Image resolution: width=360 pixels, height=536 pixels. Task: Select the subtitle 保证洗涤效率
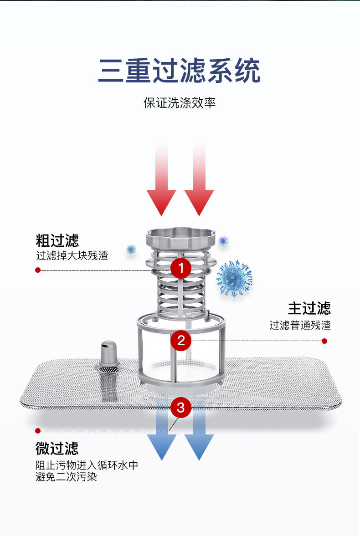(x=180, y=102)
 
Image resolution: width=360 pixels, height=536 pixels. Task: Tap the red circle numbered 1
(x=181, y=268)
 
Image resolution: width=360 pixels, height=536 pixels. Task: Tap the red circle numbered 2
(x=181, y=340)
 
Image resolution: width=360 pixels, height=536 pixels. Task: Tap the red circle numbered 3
(x=181, y=408)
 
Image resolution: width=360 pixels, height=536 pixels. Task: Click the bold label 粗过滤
(x=57, y=240)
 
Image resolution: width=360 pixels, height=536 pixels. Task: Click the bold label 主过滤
(x=309, y=308)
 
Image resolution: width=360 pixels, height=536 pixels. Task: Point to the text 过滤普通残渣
(x=300, y=325)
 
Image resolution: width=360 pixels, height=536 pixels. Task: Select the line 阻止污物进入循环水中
(x=87, y=465)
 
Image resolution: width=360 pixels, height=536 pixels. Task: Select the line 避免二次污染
(x=67, y=477)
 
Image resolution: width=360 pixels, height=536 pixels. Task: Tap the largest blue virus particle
(x=234, y=278)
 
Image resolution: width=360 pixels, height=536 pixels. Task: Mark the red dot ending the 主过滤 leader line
(x=324, y=341)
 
